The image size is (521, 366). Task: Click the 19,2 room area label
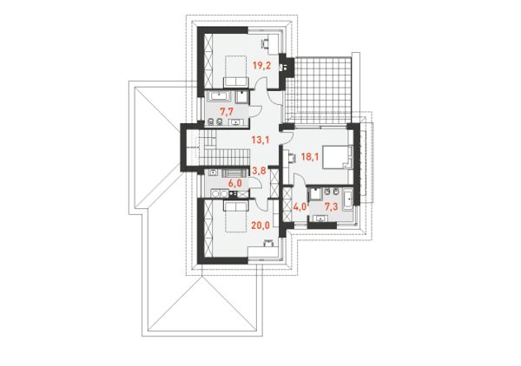[x=262, y=65]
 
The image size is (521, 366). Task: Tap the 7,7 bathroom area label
[x=227, y=112]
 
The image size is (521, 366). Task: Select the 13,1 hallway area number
[x=260, y=140]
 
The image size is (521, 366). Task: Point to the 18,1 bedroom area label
[x=310, y=156]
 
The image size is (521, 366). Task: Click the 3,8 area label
[x=259, y=171]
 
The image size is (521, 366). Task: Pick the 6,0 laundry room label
[x=234, y=183]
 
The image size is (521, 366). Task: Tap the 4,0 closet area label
[x=300, y=207]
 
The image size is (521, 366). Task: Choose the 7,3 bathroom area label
[x=331, y=207]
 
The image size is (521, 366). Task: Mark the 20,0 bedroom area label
[x=260, y=225]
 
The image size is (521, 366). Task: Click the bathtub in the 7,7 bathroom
[x=219, y=96]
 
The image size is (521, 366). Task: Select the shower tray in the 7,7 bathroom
[x=242, y=96]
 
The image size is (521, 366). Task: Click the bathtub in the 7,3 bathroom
[x=348, y=199]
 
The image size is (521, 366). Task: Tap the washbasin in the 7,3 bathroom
[x=320, y=218]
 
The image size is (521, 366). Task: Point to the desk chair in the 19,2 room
[x=266, y=43]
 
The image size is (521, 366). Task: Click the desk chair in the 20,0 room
[x=267, y=243]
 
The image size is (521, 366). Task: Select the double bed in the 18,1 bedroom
[x=337, y=157]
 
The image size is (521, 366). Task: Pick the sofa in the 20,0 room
[x=236, y=206]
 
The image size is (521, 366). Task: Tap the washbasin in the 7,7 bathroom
[x=235, y=123]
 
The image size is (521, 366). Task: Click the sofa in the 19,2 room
[x=236, y=82]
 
